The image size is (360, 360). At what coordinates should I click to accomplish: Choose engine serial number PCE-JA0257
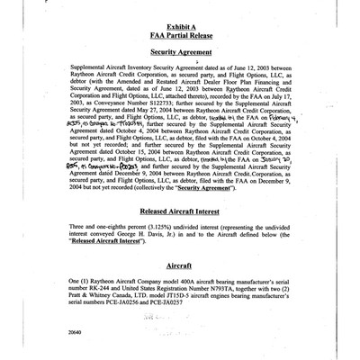point(200,316)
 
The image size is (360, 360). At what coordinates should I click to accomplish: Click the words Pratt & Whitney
point(94,309)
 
